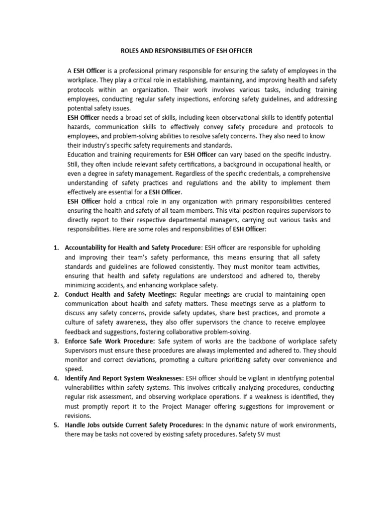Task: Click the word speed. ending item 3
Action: click(x=75, y=369)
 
